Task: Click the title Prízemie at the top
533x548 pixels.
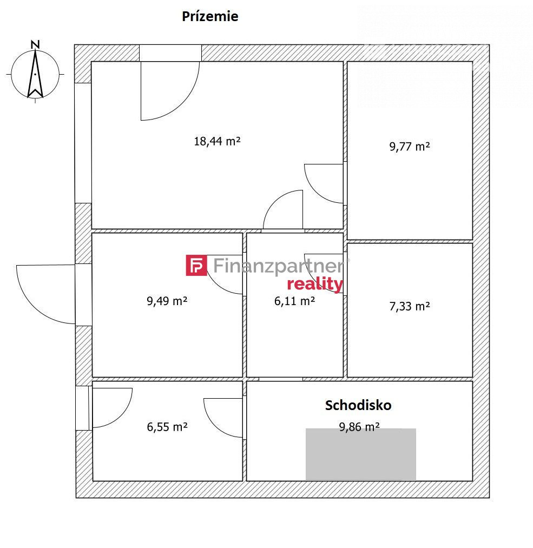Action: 210,16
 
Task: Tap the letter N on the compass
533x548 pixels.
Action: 35,44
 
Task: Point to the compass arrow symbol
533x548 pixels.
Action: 35,74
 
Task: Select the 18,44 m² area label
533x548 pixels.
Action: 217,141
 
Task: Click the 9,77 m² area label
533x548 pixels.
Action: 410,147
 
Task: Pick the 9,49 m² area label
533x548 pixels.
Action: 167,301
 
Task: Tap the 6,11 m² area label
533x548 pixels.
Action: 294,301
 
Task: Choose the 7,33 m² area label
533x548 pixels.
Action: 410,307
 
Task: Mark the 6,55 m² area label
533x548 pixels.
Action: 167,427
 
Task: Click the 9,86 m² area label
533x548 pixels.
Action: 359,427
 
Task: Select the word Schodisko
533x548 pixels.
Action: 358,405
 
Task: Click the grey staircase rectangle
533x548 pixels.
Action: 361,454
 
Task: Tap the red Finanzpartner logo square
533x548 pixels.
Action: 196,265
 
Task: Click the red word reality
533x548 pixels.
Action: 315,284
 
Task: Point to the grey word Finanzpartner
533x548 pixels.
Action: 279,266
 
